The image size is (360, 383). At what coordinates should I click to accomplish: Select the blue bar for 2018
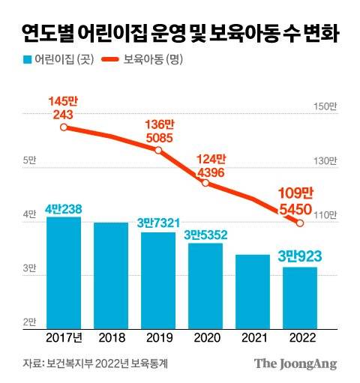tap(111, 275)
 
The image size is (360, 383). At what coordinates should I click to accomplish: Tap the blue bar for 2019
tap(158, 280)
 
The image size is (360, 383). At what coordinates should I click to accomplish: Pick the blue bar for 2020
tap(205, 286)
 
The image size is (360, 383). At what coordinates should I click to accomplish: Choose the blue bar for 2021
tap(253, 292)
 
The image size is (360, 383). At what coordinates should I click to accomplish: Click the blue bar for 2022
tap(300, 298)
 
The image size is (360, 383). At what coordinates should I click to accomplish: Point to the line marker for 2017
tap(64, 127)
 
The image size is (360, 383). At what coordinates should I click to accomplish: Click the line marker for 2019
tap(158, 150)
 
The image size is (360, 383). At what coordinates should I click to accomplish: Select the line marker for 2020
tap(205, 183)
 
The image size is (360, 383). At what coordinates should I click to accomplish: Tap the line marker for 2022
tap(300, 223)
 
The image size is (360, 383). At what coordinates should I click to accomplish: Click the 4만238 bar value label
tap(63, 209)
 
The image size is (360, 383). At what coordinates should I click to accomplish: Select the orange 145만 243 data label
tap(64, 107)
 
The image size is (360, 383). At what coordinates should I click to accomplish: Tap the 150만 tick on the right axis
tap(327, 107)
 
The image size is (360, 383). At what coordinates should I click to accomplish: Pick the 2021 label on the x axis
tap(253, 338)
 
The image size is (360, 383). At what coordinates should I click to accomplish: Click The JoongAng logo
tap(295, 363)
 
